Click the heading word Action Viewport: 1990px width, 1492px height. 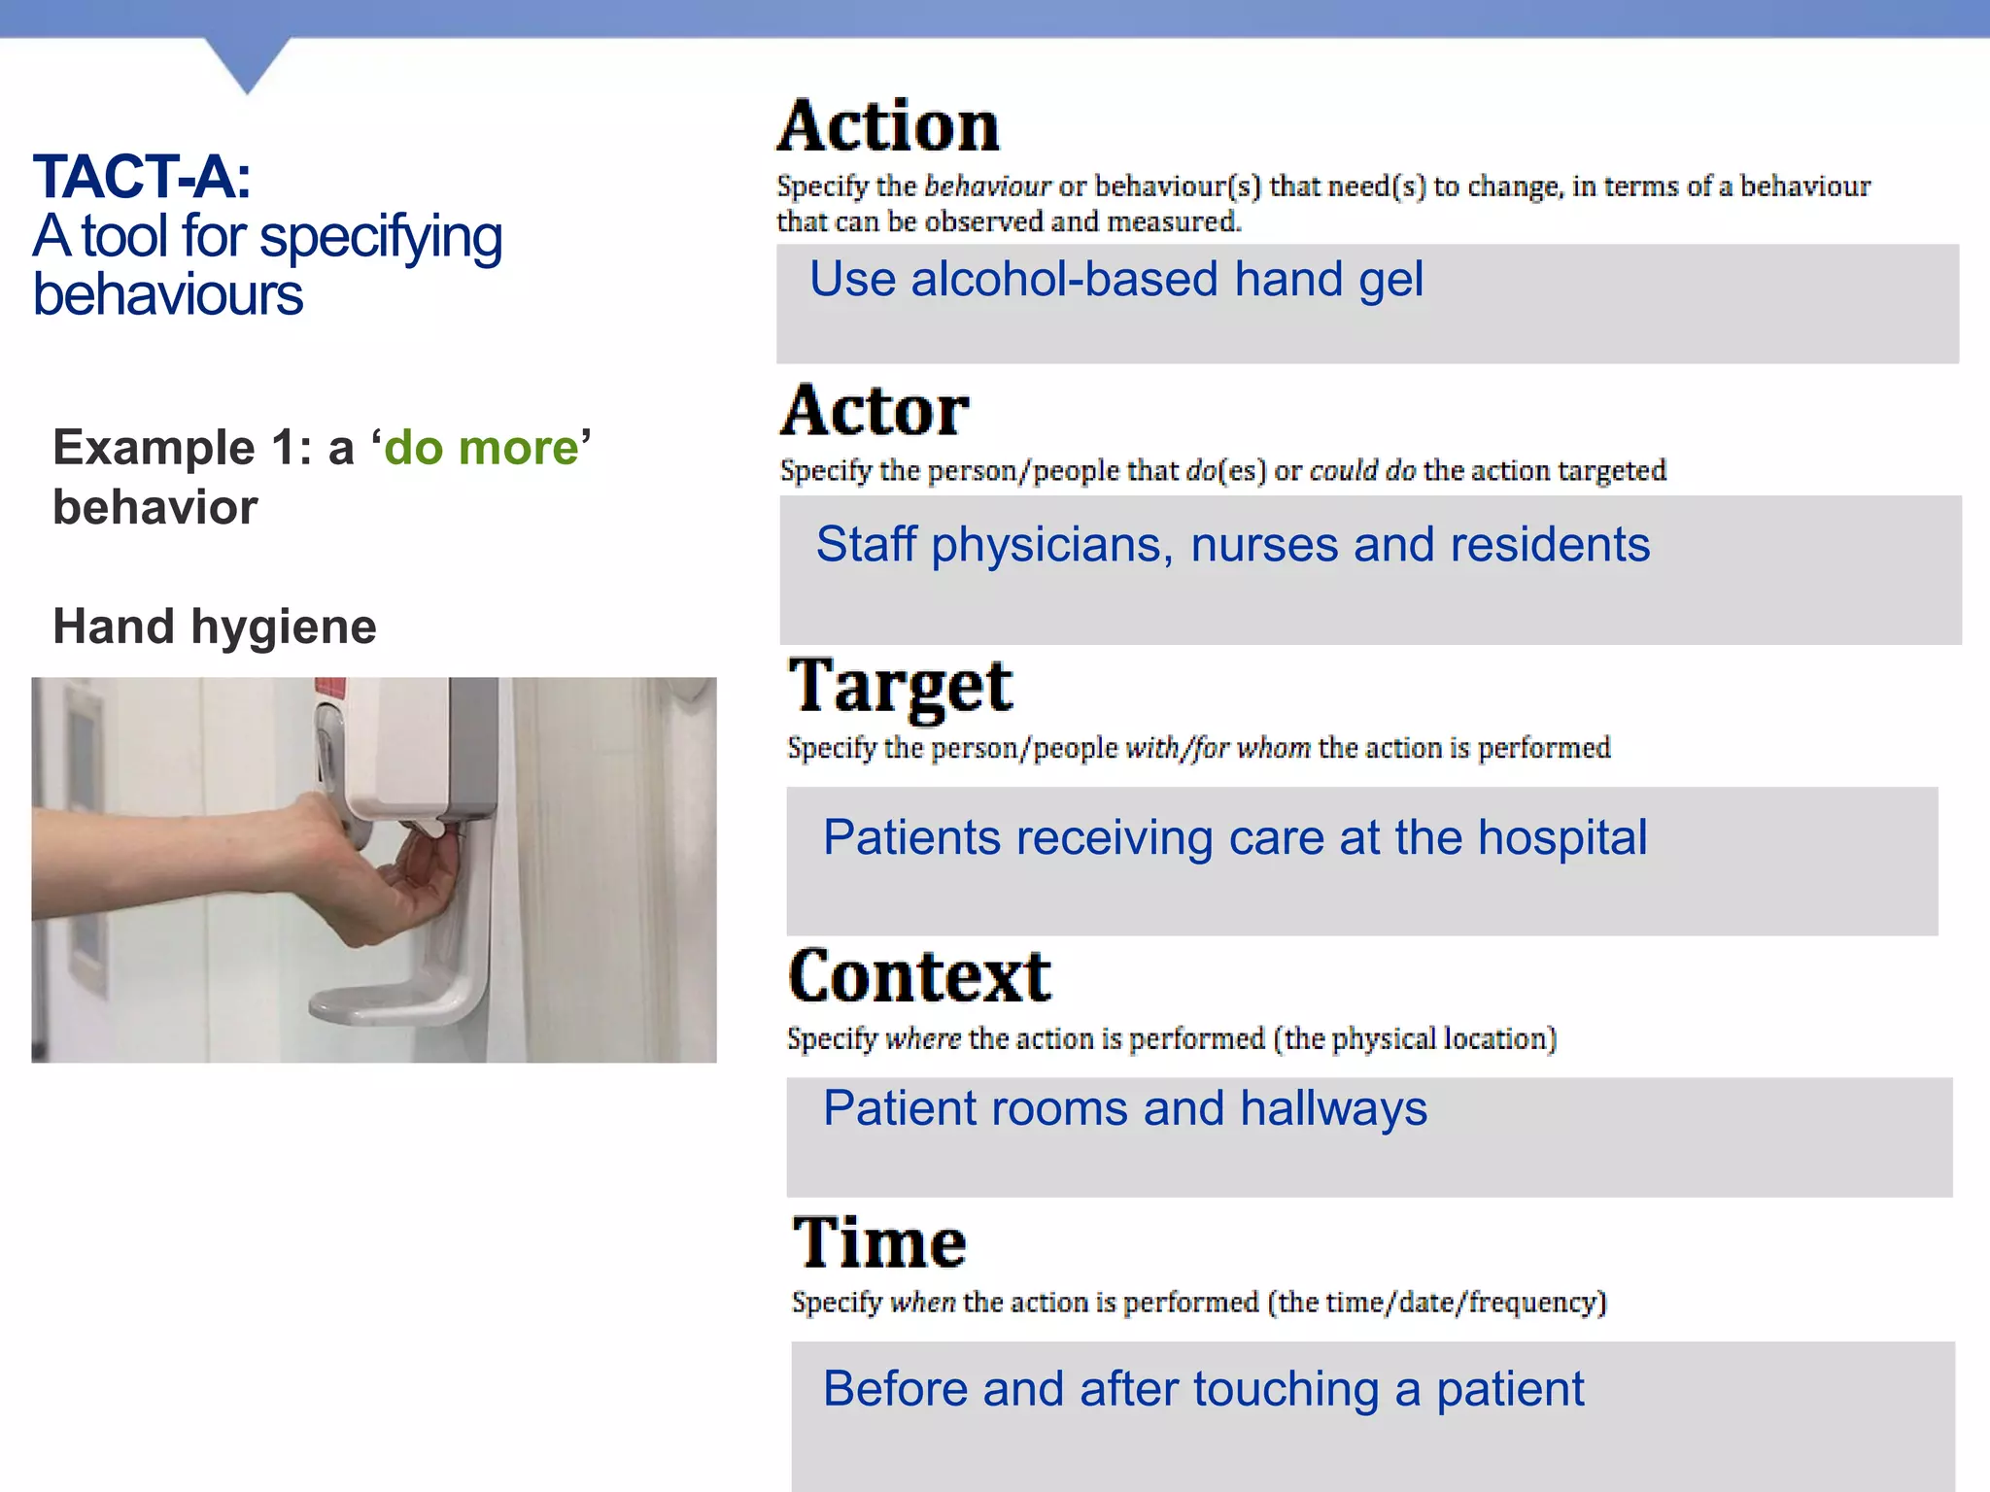(x=888, y=127)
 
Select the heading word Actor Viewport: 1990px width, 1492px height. (x=875, y=411)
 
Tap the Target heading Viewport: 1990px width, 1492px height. (x=900, y=687)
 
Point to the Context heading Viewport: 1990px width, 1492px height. (x=919, y=976)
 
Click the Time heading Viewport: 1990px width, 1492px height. (x=879, y=1242)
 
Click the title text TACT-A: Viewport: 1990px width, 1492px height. (x=142, y=178)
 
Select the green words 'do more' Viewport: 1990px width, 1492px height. (x=481, y=448)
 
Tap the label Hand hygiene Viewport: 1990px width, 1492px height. (x=214, y=627)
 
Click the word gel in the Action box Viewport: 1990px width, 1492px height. (x=1390, y=280)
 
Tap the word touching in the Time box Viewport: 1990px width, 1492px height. (x=1285, y=1389)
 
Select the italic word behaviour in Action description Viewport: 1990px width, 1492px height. (x=987, y=186)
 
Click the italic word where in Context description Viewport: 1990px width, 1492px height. (x=922, y=1038)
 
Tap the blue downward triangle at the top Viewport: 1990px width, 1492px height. (x=248, y=62)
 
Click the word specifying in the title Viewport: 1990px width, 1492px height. (x=381, y=237)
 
